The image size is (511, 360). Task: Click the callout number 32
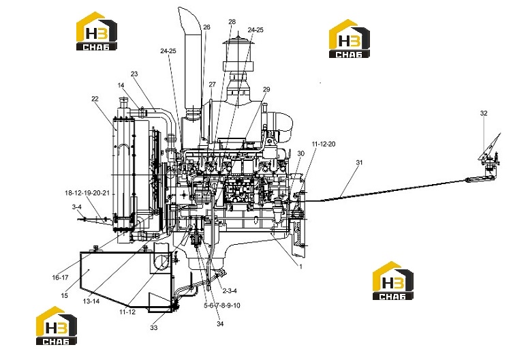point(484,113)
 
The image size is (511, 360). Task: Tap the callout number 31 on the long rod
point(359,162)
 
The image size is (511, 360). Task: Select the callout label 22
point(95,99)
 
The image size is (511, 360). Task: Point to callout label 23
point(134,74)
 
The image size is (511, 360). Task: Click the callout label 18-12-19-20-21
point(87,193)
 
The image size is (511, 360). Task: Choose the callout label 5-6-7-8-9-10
point(222,305)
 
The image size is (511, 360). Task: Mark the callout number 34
point(220,324)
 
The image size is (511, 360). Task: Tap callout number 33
point(153,327)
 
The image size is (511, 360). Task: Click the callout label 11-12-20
point(323,144)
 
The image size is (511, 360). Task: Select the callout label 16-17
point(60,277)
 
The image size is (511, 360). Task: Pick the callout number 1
point(300,267)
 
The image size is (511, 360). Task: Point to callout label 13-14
point(91,301)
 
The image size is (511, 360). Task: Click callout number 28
point(232,22)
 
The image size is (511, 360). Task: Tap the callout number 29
point(266,89)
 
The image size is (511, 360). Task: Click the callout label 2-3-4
point(230,291)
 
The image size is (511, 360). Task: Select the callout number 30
point(300,153)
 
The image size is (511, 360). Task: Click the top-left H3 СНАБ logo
point(97,31)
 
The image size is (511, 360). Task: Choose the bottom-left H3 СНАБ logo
point(57,325)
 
